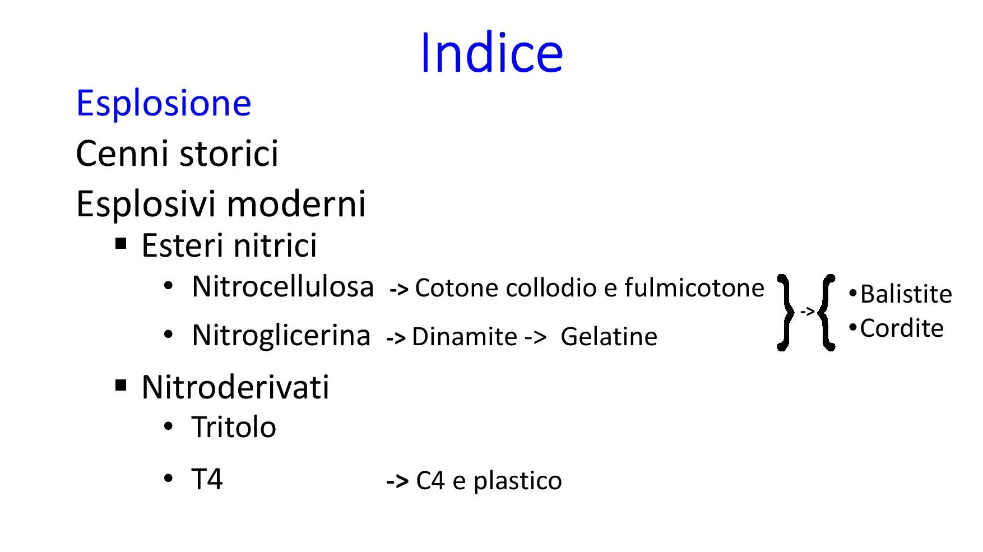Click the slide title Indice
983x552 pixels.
[x=492, y=53]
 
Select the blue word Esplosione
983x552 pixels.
[x=164, y=103]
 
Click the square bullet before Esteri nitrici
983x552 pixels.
[x=121, y=244]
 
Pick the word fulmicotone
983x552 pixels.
[x=694, y=287]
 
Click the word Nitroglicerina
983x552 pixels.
[x=281, y=335]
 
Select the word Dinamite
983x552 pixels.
[x=465, y=337]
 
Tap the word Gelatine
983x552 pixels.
[x=609, y=337]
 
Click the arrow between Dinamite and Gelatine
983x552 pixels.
[x=535, y=338]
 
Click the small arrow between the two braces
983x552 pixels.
[x=807, y=311]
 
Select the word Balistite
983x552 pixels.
[x=906, y=294]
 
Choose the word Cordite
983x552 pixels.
[x=902, y=328]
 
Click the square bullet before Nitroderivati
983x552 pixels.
[x=121, y=386]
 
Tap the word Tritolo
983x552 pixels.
[x=234, y=427]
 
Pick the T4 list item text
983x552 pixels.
[x=207, y=479]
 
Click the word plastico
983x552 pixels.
[x=517, y=481]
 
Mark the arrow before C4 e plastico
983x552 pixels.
[x=397, y=481]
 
